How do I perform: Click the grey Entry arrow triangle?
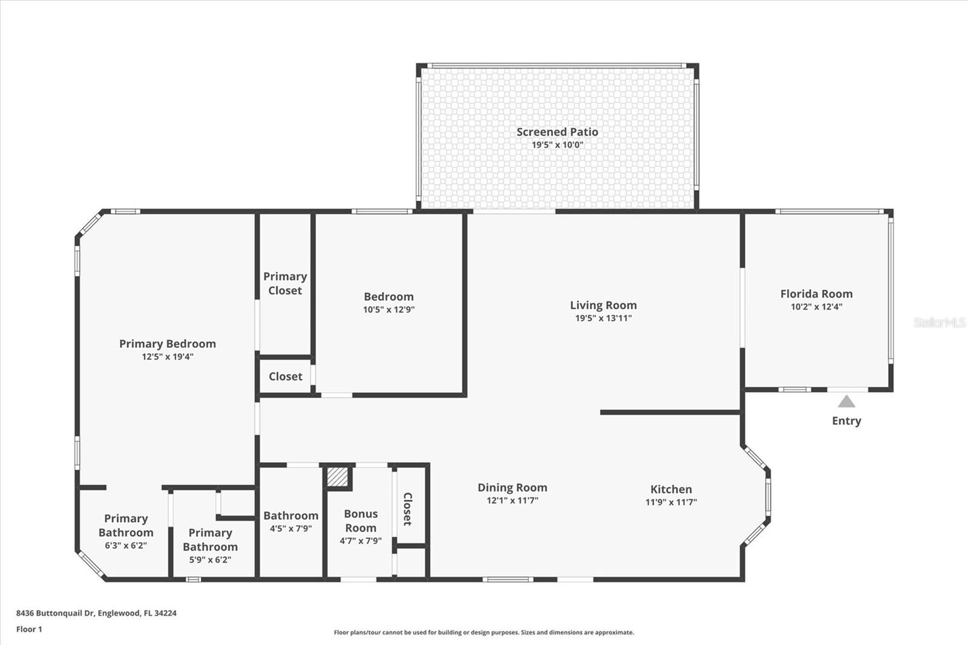click(846, 402)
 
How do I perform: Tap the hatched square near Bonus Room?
click(338, 476)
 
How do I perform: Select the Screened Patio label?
click(557, 132)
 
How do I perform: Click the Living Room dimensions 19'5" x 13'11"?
click(603, 318)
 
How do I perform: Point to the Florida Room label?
click(816, 294)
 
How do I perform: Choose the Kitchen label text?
click(671, 489)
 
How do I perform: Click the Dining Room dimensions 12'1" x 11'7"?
click(512, 500)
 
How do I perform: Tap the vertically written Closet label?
click(407, 509)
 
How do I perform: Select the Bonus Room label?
click(361, 521)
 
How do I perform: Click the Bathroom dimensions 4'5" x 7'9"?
click(291, 529)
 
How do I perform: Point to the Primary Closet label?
click(285, 283)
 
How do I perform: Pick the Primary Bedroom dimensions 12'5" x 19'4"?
click(168, 357)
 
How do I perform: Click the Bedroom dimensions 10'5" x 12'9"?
click(389, 310)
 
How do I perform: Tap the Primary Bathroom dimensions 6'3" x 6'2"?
click(126, 546)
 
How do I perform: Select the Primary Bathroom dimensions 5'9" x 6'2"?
click(210, 560)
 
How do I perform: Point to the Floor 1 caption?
click(30, 629)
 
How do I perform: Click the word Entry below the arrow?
click(846, 421)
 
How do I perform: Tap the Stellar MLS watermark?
click(939, 322)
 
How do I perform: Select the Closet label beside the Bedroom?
click(286, 376)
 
